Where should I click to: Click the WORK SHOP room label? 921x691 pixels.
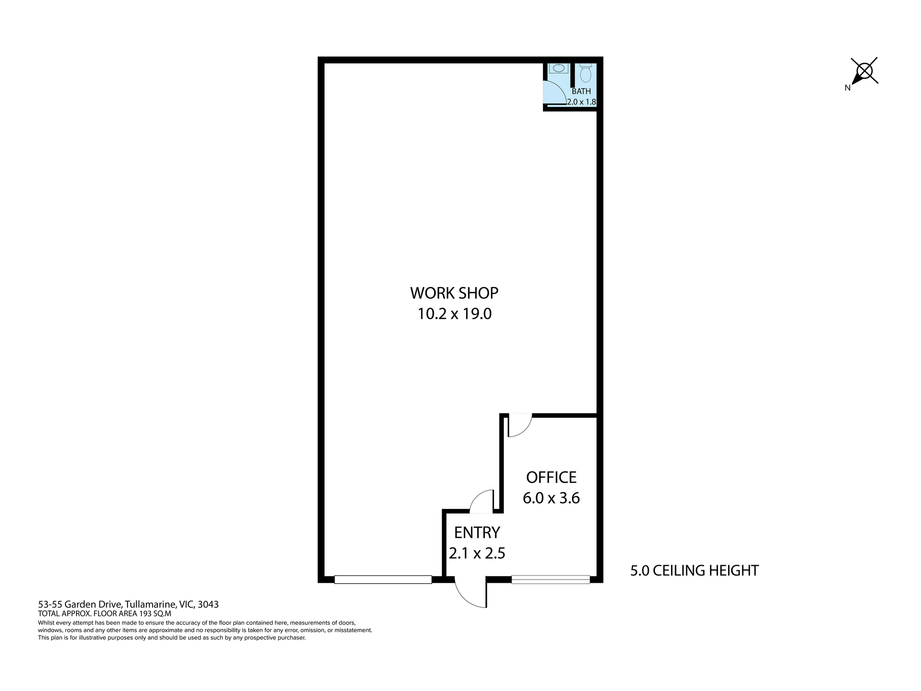454,293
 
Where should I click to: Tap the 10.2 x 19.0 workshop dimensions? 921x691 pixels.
455,314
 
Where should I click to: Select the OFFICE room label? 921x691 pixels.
551,477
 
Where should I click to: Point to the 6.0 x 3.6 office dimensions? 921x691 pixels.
551,498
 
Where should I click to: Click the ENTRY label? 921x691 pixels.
477,533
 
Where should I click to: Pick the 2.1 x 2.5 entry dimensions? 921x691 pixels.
477,553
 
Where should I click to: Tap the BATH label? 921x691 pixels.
581,91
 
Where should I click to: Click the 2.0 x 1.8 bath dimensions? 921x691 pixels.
582,102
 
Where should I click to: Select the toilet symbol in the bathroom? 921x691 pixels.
585,73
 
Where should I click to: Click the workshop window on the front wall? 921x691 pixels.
383,580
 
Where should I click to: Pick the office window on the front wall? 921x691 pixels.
551,580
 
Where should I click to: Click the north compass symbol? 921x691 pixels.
863,71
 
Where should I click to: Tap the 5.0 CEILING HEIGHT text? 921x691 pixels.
694,571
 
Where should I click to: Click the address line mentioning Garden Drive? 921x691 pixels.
128,604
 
